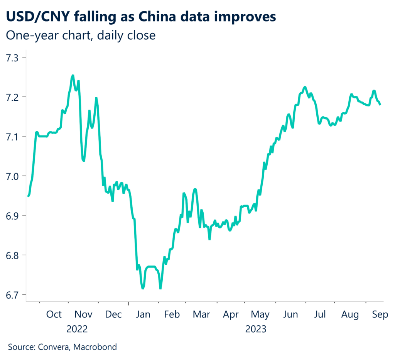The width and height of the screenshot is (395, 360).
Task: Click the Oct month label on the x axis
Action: pyautogui.click(x=54, y=314)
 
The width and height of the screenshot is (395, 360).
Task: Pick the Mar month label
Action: pyautogui.click(x=201, y=314)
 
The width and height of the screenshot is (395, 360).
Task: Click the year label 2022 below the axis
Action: pyautogui.click(x=77, y=330)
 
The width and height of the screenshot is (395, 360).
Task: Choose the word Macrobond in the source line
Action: pyautogui.click(x=95, y=347)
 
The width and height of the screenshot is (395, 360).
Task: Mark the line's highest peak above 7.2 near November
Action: pyautogui.click(x=73, y=76)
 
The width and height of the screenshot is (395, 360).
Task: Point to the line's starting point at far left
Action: pyautogui.click(x=28, y=196)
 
